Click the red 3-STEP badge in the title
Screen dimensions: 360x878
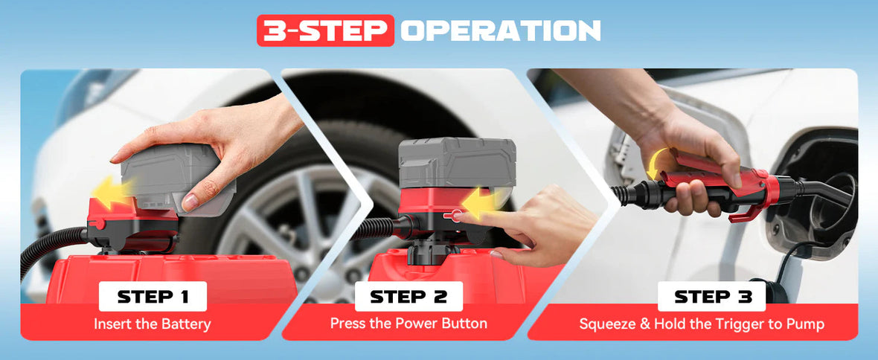point(325,30)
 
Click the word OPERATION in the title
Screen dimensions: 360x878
point(500,30)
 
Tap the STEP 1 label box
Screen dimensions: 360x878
point(153,297)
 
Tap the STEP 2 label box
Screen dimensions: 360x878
point(408,297)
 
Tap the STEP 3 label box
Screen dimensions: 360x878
point(711,297)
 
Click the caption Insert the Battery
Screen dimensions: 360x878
point(153,324)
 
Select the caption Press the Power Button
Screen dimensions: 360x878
point(408,324)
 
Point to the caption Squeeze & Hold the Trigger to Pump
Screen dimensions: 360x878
point(702,324)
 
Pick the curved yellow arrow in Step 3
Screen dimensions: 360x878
point(658,161)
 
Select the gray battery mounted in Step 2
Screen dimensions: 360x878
point(456,163)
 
